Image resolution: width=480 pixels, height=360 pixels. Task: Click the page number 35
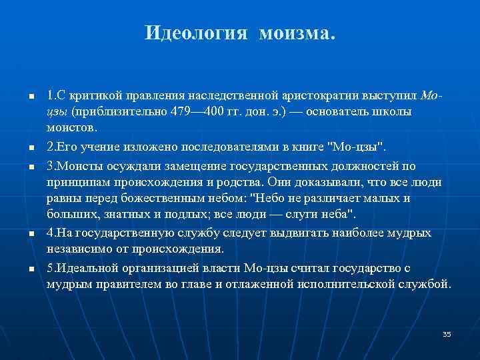pyautogui.click(x=447, y=333)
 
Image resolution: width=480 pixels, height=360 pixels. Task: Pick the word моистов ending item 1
pyautogui.click(x=72, y=127)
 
